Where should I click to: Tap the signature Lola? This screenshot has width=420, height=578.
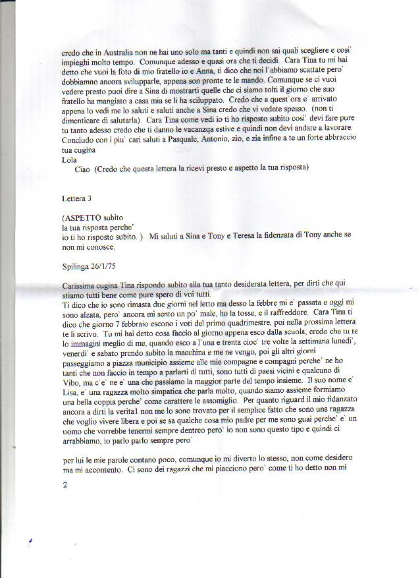68,159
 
